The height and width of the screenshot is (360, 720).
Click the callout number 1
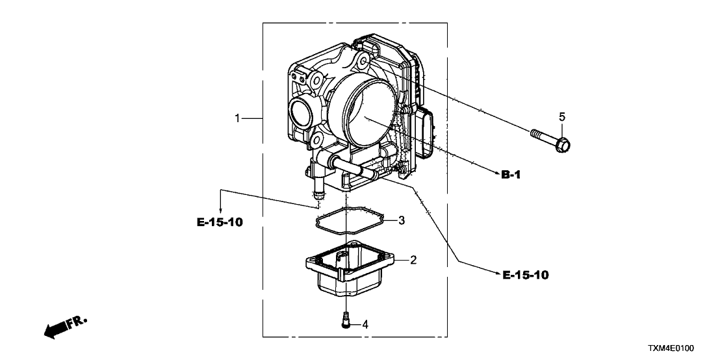click(238, 118)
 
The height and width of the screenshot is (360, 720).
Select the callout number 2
click(413, 259)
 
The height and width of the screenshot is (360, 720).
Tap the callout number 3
click(402, 220)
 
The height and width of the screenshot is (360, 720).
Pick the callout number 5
click(562, 116)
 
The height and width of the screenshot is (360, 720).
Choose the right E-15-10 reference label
click(526, 275)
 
